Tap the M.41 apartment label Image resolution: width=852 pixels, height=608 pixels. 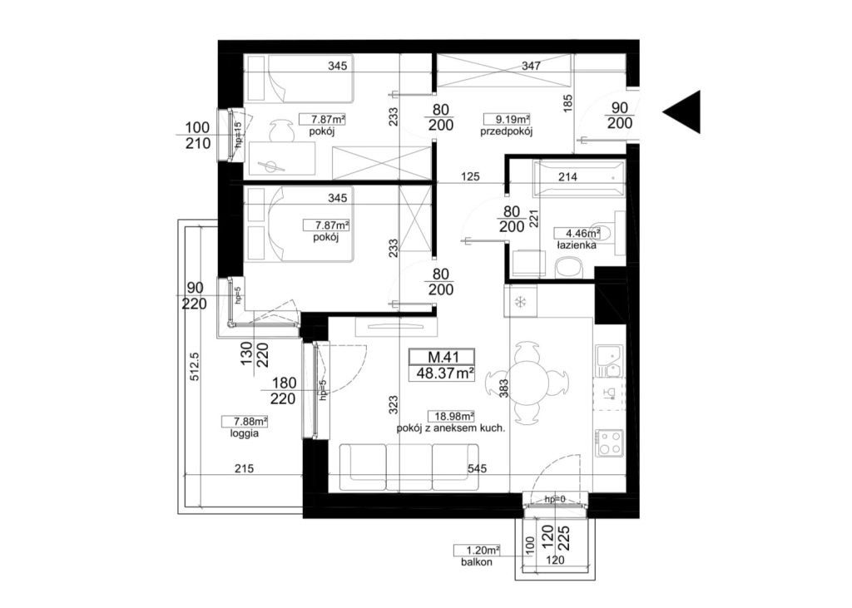(x=443, y=357)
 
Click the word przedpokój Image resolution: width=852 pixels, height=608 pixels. (x=506, y=131)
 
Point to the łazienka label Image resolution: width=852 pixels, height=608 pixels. (x=576, y=245)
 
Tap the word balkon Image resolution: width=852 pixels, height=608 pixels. (x=477, y=562)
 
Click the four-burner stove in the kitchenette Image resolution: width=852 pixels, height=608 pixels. (x=610, y=442)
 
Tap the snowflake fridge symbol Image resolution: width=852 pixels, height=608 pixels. (x=520, y=302)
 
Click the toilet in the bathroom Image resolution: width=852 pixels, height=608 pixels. (x=569, y=268)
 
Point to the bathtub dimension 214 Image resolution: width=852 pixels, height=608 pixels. (x=567, y=176)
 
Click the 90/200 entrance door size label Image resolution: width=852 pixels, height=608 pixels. (x=619, y=116)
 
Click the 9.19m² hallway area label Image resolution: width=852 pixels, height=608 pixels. (x=507, y=119)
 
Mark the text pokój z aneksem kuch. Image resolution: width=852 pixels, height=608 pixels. (x=451, y=428)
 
